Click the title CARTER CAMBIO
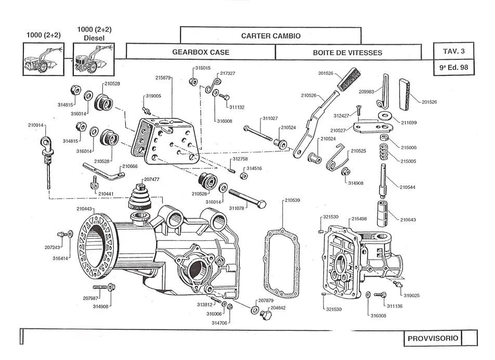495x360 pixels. coord(270,36)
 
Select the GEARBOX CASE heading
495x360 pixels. coord(201,53)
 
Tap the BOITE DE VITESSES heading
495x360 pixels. coord(347,53)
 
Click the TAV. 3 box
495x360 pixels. coord(454,52)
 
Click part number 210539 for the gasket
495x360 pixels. coord(292,200)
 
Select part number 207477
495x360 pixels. coord(152,179)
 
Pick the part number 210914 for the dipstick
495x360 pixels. coord(36,125)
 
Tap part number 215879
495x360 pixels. coord(163,78)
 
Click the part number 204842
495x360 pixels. coord(278,307)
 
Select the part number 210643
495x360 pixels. coord(408,220)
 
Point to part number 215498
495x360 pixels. coord(359,219)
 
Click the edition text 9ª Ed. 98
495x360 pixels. coord(454,67)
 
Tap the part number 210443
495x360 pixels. coord(85,209)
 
